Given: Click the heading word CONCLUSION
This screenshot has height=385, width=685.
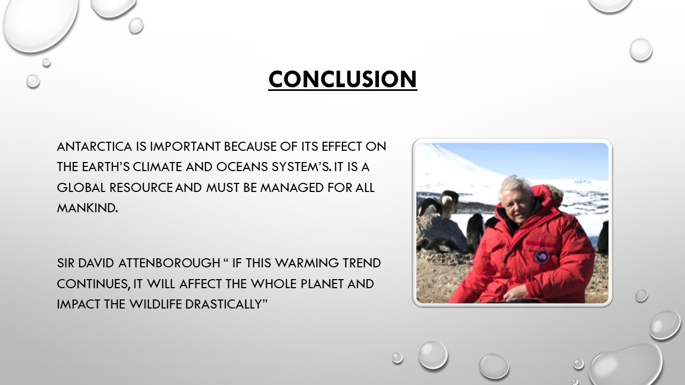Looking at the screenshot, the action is pyautogui.click(x=342, y=79).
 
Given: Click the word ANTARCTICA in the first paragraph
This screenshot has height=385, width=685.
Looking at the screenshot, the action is pyautogui.click(x=95, y=147).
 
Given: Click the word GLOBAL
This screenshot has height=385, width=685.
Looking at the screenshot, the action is pyautogui.click(x=81, y=188).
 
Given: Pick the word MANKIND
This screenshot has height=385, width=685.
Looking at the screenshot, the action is pyautogui.click(x=87, y=208).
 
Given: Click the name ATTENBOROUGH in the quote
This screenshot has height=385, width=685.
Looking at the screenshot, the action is pyautogui.click(x=169, y=263).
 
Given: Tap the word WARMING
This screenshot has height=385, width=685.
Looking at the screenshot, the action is pyautogui.click(x=307, y=263).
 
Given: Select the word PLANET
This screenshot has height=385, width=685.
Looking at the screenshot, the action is pyautogui.click(x=322, y=284).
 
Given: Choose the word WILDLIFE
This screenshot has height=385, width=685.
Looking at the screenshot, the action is pyautogui.click(x=156, y=304).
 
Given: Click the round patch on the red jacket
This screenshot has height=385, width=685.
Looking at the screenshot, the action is pyautogui.click(x=541, y=258).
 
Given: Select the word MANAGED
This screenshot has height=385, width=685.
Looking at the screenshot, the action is pyautogui.click(x=292, y=188).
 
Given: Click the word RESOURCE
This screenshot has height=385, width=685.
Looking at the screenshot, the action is pyautogui.click(x=141, y=188).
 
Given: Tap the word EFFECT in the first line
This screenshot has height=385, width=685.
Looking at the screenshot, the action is pyautogui.click(x=342, y=147).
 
